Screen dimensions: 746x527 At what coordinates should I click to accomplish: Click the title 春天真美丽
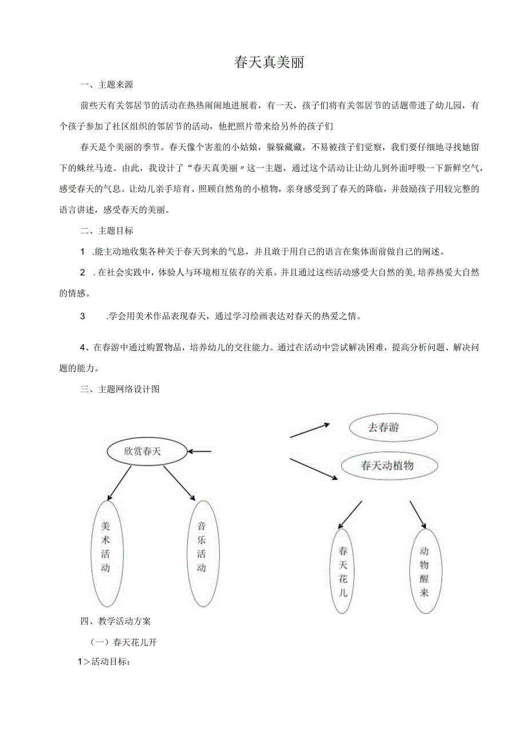tap(269, 63)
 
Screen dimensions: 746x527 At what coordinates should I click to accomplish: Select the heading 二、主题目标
tap(107, 231)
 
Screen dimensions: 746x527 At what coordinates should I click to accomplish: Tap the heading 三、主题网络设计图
tap(120, 389)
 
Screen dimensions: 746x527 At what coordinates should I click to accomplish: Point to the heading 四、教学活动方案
tap(116, 620)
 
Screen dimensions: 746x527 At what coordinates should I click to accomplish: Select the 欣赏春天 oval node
tap(147, 451)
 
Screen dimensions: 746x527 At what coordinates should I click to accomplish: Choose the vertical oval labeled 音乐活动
tap(202, 553)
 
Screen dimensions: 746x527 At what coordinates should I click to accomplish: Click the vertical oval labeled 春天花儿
tap(343, 572)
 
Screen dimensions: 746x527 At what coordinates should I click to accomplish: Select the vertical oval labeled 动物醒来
tap(424, 572)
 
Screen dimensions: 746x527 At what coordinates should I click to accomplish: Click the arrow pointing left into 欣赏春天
tap(200, 451)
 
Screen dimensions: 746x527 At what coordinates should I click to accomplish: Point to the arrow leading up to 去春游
tap(310, 431)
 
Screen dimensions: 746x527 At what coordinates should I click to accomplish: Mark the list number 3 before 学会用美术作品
tap(82, 316)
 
